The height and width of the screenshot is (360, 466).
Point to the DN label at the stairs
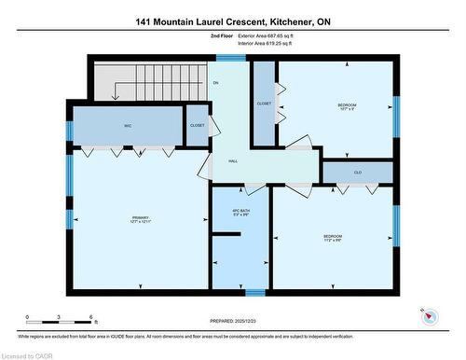pos(215,83)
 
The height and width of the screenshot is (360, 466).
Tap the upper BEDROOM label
pos(347,105)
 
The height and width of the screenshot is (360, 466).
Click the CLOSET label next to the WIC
pos(198,125)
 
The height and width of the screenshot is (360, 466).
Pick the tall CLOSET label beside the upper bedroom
pos(264,104)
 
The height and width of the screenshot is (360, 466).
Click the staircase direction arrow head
pos(115,96)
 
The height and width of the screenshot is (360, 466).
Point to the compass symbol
pos(428,315)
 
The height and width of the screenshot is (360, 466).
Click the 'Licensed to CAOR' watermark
pos(27,354)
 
